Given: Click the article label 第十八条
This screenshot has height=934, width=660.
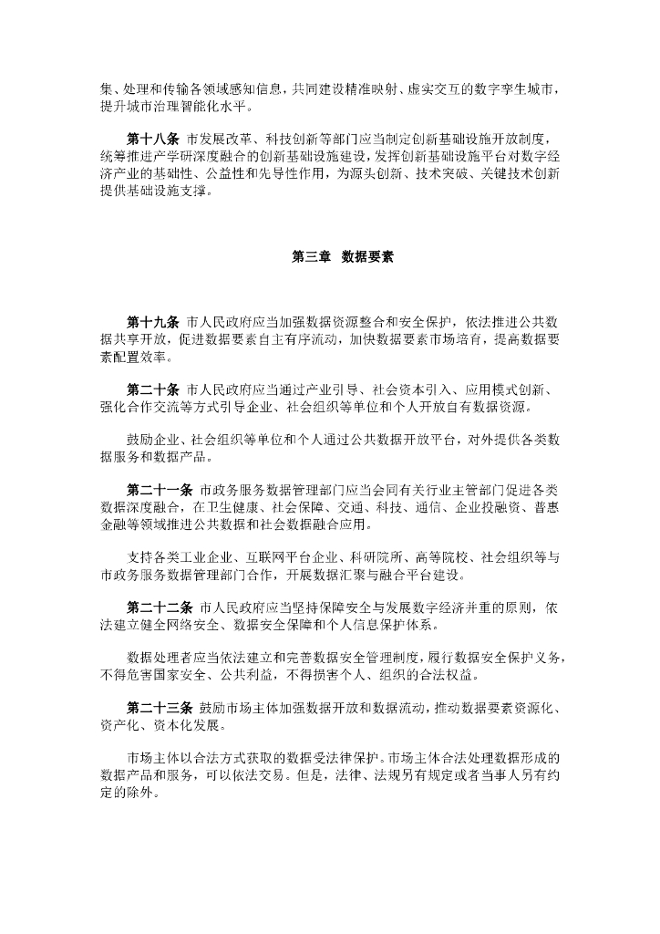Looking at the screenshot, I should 153,139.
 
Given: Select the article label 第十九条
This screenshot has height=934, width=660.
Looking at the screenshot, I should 153,323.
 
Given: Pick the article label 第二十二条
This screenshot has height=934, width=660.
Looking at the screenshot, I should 160,606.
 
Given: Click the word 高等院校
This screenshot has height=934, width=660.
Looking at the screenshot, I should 444,557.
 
